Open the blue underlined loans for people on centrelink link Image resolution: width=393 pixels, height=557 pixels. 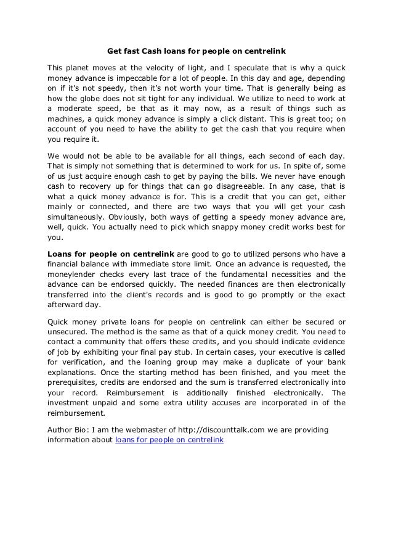click(x=169, y=441)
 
